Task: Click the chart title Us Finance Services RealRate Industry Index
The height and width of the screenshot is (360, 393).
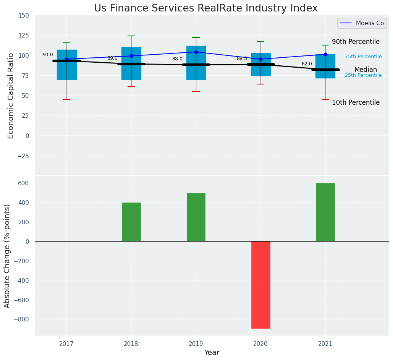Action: point(205,8)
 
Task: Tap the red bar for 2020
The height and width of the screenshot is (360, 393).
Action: point(260,285)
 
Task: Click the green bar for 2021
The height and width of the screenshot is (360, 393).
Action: point(325,212)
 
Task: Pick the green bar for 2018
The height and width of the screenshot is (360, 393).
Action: point(131,222)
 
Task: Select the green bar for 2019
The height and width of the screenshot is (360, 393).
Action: point(196,217)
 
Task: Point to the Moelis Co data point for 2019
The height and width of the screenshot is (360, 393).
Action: point(196,52)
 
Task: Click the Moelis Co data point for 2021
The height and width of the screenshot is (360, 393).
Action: point(325,54)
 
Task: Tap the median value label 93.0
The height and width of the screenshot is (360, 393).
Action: point(48,55)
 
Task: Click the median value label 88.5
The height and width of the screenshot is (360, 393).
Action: point(242,59)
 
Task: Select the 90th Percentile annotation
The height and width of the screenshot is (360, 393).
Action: point(356,42)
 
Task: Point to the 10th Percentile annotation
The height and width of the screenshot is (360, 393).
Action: point(356,102)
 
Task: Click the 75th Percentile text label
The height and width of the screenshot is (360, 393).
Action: point(363,57)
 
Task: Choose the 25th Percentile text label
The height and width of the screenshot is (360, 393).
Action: point(363,75)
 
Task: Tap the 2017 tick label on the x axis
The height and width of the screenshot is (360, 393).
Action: point(66,344)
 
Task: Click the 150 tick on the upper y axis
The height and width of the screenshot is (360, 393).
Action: point(23,16)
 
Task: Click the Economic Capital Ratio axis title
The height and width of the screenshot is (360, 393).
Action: point(11,96)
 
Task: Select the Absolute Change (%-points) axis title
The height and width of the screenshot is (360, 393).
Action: point(7,256)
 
